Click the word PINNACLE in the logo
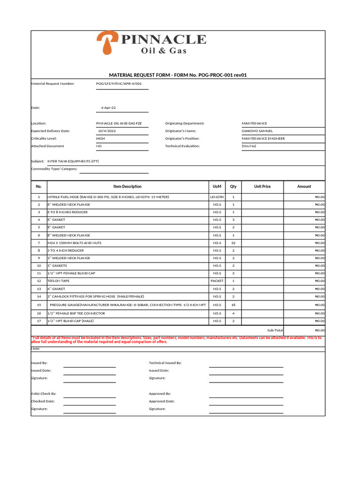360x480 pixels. tap(163, 40)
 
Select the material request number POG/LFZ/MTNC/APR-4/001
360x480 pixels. tap(119, 84)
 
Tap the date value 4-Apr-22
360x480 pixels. tap(108, 108)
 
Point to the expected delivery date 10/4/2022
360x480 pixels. tap(106, 131)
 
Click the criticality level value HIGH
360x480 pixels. tap(100, 139)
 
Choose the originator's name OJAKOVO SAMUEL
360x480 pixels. tap(257, 131)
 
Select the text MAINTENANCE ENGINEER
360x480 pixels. tap(263, 139)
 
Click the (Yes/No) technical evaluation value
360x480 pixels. tap(249, 146)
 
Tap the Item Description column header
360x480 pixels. tap(127, 187)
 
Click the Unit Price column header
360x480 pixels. tap(262, 187)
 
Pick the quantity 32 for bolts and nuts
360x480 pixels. tap(233, 243)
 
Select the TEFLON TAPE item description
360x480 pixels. tap(59, 281)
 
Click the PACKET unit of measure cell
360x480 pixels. tap(217, 281)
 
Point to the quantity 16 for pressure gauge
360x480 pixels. tap(233, 305)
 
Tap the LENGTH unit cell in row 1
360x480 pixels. tap(217, 197)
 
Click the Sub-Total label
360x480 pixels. tap(275, 330)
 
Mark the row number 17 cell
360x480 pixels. tap(39, 321)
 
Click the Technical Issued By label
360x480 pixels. tap(165, 363)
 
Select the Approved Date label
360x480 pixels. tap(162, 401)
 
